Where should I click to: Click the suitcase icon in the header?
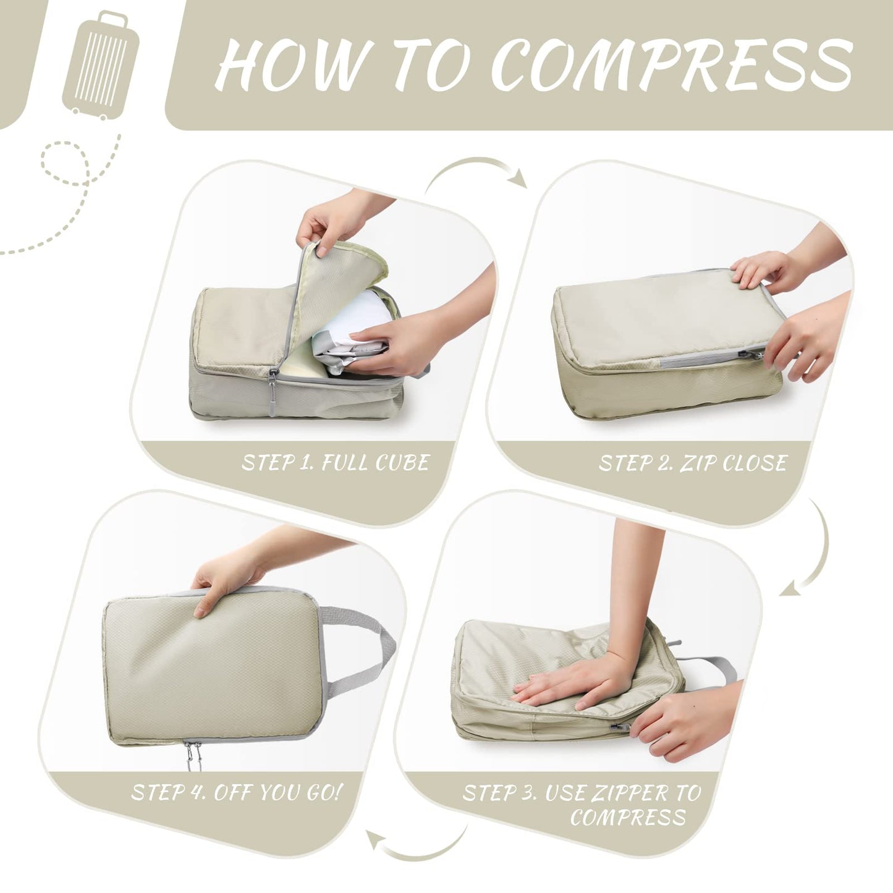(101, 66)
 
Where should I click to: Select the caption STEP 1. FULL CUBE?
(335, 463)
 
